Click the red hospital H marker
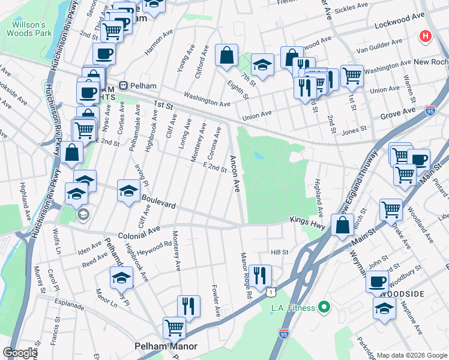coord(426,37)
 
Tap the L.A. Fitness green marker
coord(325,308)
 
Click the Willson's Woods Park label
coord(25,29)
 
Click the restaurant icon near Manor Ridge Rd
coord(259,275)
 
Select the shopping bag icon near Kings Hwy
coord(342,227)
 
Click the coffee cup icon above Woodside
coord(378,281)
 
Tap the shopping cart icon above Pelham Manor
coord(174,328)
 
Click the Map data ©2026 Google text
coord(411,355)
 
